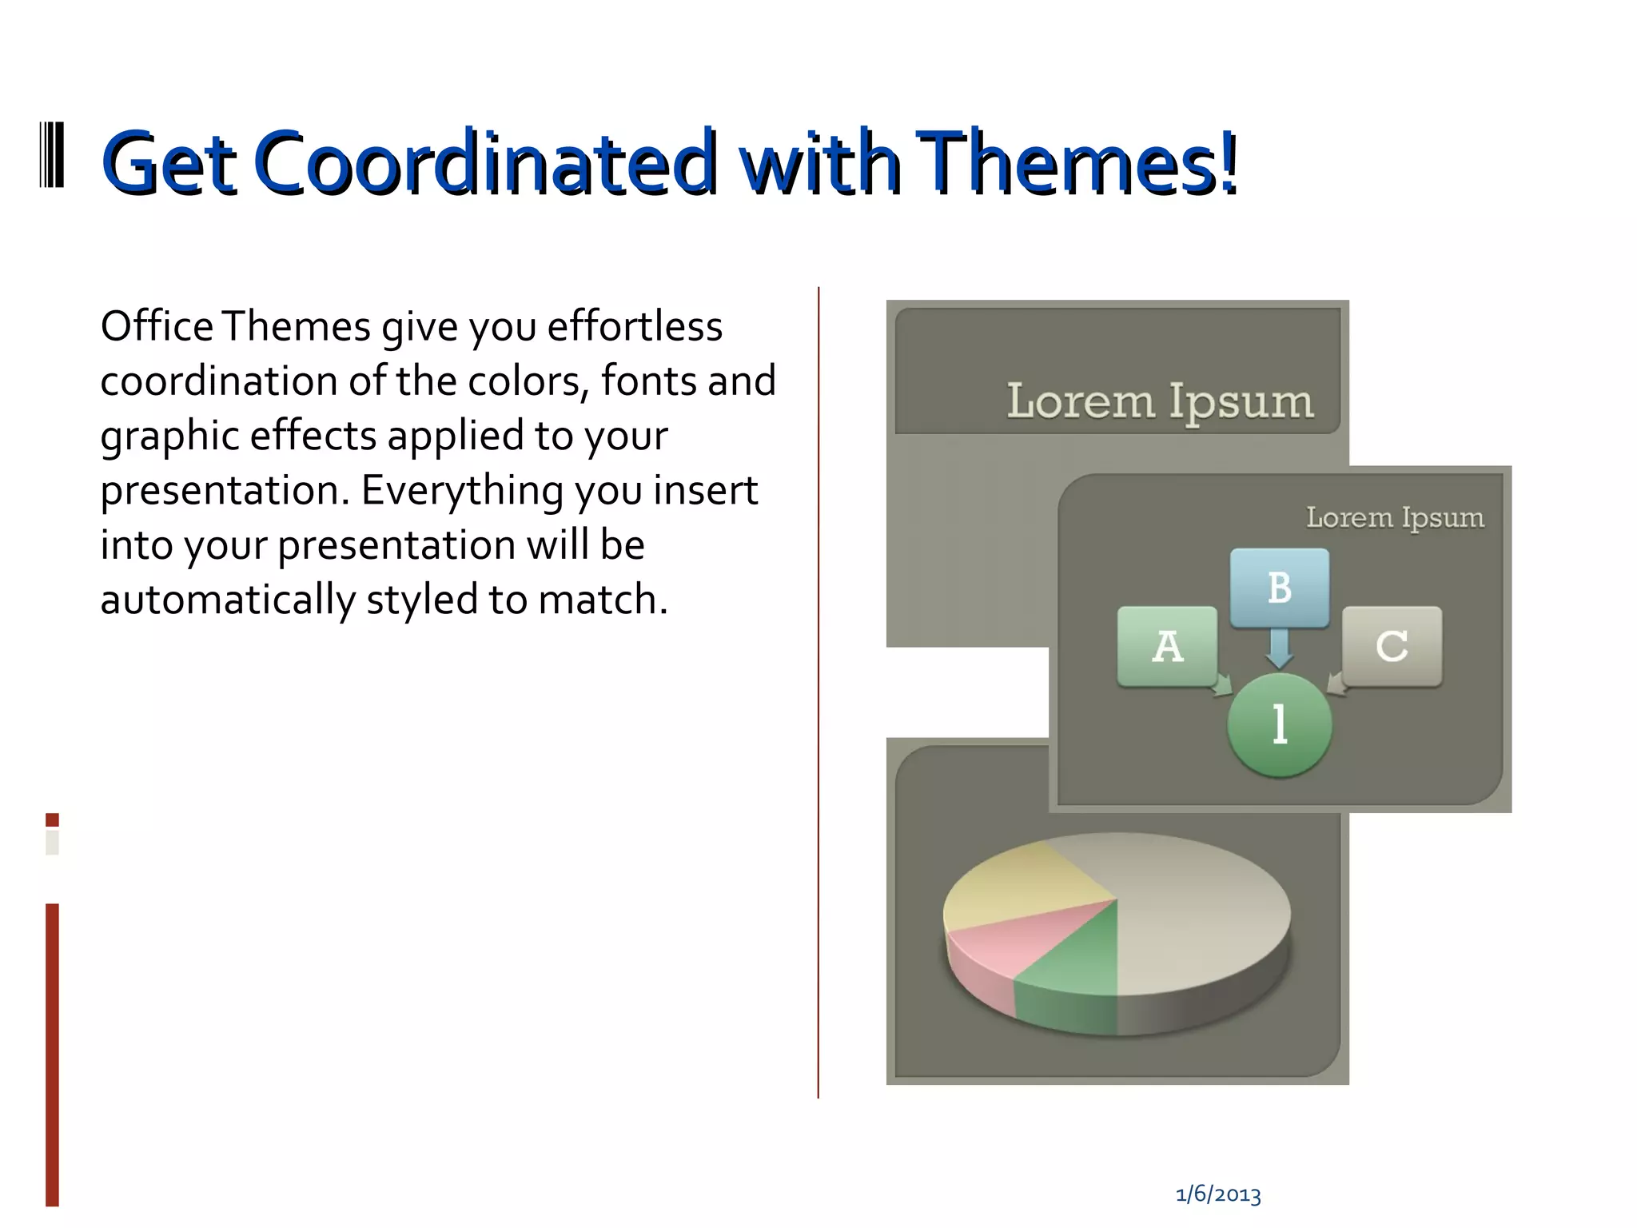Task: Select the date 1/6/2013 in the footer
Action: (x=1218, y=1195)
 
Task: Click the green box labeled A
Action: (x=1167, y=646)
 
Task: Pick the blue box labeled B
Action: (x=1279, y=588)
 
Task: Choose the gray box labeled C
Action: (x=1392, y=646)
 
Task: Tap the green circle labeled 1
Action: (x=1279, y=724)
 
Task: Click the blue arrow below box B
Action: (x=1279, y=648)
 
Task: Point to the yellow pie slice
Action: (x=1015, y=883)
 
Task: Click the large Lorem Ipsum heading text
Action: (x=1160, y=401)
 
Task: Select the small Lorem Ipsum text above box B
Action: (x=1395, y=517)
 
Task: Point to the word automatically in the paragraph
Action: (x=228, y=600)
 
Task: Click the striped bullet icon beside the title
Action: (x=52, y=155)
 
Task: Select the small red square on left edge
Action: (x=52, y=819)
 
